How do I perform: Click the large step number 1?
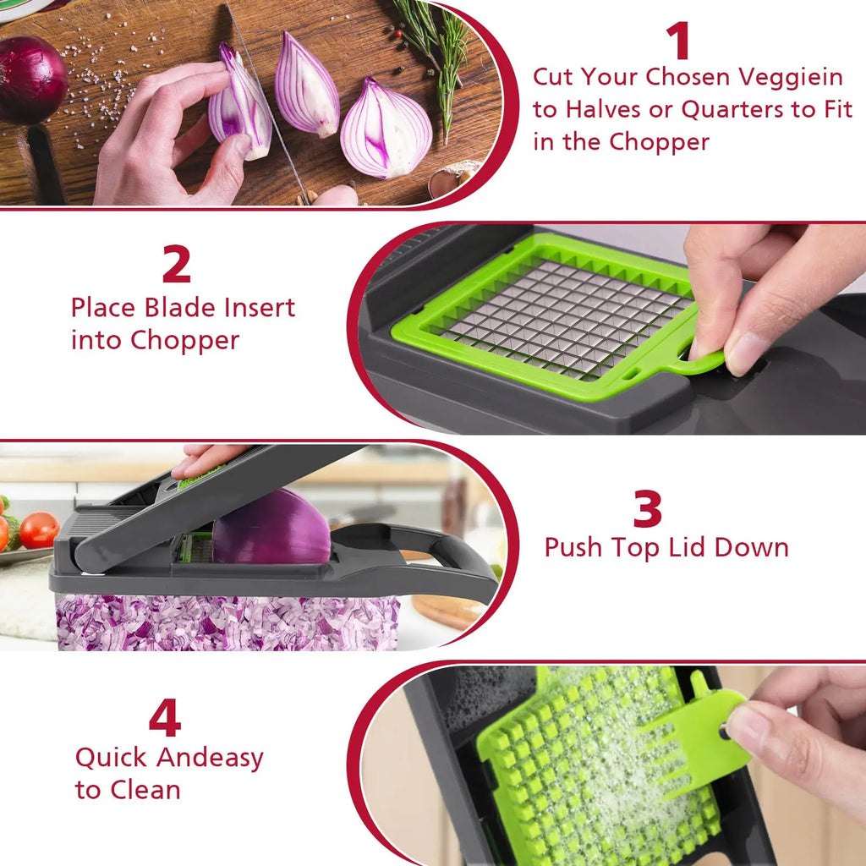point(677,41)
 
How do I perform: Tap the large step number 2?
point(176,265)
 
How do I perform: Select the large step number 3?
point(648,509)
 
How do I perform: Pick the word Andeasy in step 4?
point(210,758)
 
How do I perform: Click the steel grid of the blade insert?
point(562,317)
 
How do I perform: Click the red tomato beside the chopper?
point(39,530)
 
